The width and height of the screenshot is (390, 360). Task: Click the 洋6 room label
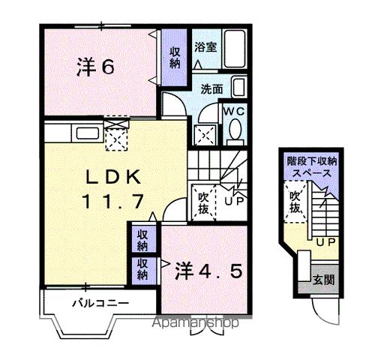pos(94,67)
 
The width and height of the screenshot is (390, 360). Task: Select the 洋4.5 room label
pos(209,270)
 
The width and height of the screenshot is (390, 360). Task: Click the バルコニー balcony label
pos(100,304)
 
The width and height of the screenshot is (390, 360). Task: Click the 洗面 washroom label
pos(211,88)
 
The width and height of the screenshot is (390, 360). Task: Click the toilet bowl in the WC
pos(235,132)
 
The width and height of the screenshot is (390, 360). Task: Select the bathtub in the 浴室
pos(235,49)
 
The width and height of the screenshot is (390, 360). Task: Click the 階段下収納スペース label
pos(312,166)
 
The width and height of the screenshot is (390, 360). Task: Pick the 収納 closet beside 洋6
pos(174,58)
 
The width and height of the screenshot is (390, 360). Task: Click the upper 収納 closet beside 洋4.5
pos(142,240)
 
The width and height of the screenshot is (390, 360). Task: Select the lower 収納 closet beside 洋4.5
pos(142,269)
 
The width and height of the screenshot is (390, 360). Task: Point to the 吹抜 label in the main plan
pos(202,203)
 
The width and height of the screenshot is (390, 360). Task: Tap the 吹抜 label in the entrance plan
pos(296,202)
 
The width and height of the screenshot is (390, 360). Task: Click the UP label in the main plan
pos(233,201)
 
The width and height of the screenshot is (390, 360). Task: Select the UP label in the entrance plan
pos(325,241)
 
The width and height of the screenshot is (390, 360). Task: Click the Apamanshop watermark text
pos(197,324)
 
